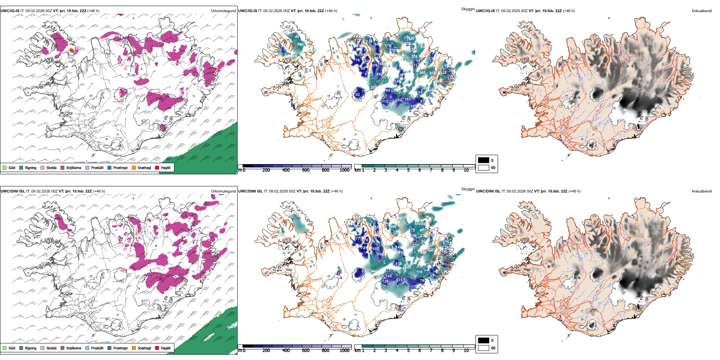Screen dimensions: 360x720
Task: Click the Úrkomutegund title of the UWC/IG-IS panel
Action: (223, 11)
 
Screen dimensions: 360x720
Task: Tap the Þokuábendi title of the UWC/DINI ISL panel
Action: (702, 191)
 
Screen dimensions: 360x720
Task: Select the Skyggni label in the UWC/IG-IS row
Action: (468, 9)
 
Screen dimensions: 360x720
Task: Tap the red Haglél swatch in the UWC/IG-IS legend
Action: (157, 167)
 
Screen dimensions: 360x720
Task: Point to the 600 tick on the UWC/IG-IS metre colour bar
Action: (306, 170)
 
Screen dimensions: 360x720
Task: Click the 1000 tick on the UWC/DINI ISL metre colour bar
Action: (344, 351)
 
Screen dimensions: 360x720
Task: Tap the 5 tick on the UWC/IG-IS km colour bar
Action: (408, 170)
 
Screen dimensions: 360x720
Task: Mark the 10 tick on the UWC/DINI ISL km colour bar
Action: (466, 351)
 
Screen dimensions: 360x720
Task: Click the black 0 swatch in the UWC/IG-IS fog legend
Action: (484, 160)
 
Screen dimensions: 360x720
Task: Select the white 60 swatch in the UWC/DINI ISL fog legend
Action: (484, 348)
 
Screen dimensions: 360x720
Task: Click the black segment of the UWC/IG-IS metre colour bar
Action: (247, 166)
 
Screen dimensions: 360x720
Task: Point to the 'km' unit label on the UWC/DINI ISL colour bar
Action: (357, 351)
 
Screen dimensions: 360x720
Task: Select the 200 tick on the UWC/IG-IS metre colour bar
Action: (266, 170)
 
